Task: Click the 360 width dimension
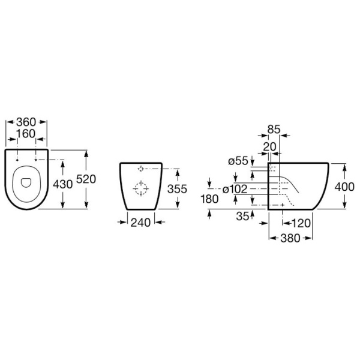pos(26,122)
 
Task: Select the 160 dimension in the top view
pos(26,134)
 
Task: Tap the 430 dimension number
pos(62,184)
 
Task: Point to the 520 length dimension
pos(86,179)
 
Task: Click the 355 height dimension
pos(177,189)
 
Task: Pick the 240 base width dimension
pos(140,223)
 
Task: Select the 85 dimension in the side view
pos(274,129)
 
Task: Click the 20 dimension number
pos(270,147)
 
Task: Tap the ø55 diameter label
pos(238,161)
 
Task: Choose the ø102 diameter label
pos(235,189)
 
